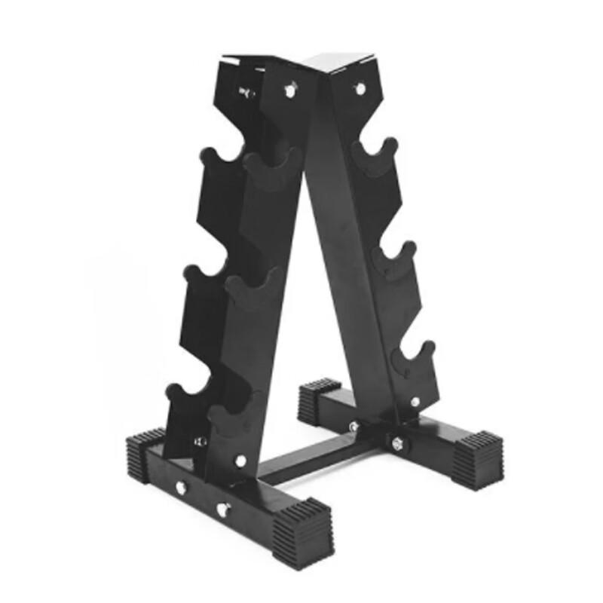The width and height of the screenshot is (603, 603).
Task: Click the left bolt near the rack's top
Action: pos(289,90)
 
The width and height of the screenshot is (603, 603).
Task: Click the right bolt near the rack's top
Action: pos(360,89)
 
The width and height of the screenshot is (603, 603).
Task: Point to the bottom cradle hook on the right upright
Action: pos(416,357)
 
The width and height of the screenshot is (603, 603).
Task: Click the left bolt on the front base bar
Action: pos(181,487)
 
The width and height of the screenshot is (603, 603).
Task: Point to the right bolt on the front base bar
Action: pos(223,509)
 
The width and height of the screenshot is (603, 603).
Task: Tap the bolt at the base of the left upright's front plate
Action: pos(240,460)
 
